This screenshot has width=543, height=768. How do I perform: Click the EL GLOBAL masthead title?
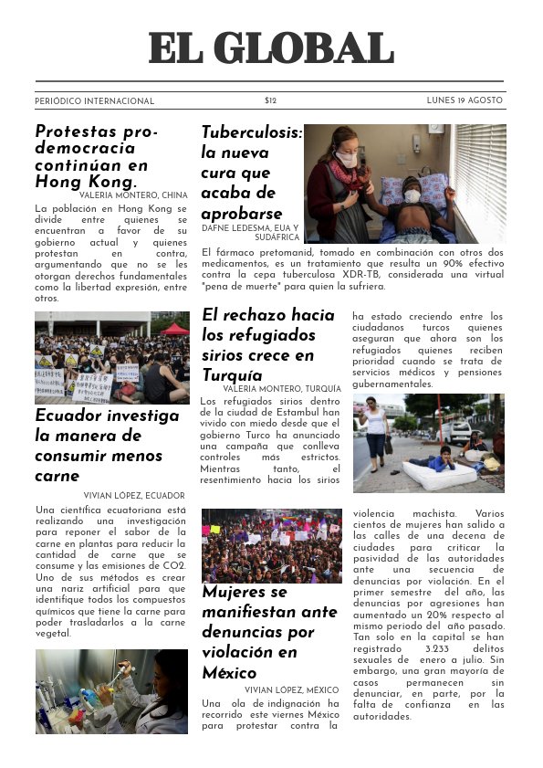271,47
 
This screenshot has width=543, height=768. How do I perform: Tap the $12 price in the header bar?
270,100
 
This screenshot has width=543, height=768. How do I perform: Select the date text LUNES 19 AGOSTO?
465,100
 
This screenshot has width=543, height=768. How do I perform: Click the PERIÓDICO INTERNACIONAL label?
95,101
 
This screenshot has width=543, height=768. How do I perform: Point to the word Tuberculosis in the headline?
251,132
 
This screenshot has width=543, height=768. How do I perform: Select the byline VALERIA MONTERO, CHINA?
133,195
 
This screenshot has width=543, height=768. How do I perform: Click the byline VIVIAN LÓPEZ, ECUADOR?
134,495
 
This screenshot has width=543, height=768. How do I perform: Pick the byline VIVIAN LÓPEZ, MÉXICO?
292,689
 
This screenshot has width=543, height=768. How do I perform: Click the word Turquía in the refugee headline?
232,374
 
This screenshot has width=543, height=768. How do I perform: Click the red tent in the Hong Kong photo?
174,329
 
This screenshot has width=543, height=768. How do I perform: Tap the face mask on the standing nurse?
347,159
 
